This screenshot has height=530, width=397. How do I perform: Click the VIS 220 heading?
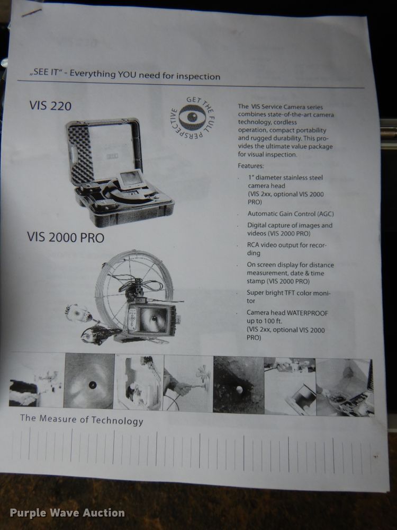click(x=50, y=105)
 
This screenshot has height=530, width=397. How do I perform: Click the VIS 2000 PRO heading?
click(x=66, y=238)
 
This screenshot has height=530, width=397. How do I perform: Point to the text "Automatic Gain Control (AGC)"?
click(x=291, y=214)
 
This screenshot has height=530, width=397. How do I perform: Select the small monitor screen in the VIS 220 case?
click(x=129, y=181)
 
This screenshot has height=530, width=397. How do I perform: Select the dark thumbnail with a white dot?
click(x=238, y=384)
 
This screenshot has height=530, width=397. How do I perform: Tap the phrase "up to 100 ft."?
click(x=267, y=322)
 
